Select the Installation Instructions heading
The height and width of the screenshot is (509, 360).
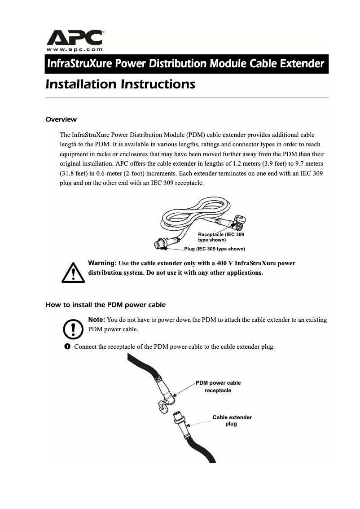120,84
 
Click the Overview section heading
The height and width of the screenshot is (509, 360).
61,119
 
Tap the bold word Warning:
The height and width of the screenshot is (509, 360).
102,263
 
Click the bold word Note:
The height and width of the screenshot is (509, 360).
97,320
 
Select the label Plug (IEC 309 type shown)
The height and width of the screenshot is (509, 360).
215,249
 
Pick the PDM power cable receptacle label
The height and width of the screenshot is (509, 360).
218,386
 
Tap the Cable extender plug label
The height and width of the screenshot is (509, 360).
232,421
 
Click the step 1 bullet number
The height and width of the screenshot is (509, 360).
67,347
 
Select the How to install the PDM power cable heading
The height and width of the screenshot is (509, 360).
105,305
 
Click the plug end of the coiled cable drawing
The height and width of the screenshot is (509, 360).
159,245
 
